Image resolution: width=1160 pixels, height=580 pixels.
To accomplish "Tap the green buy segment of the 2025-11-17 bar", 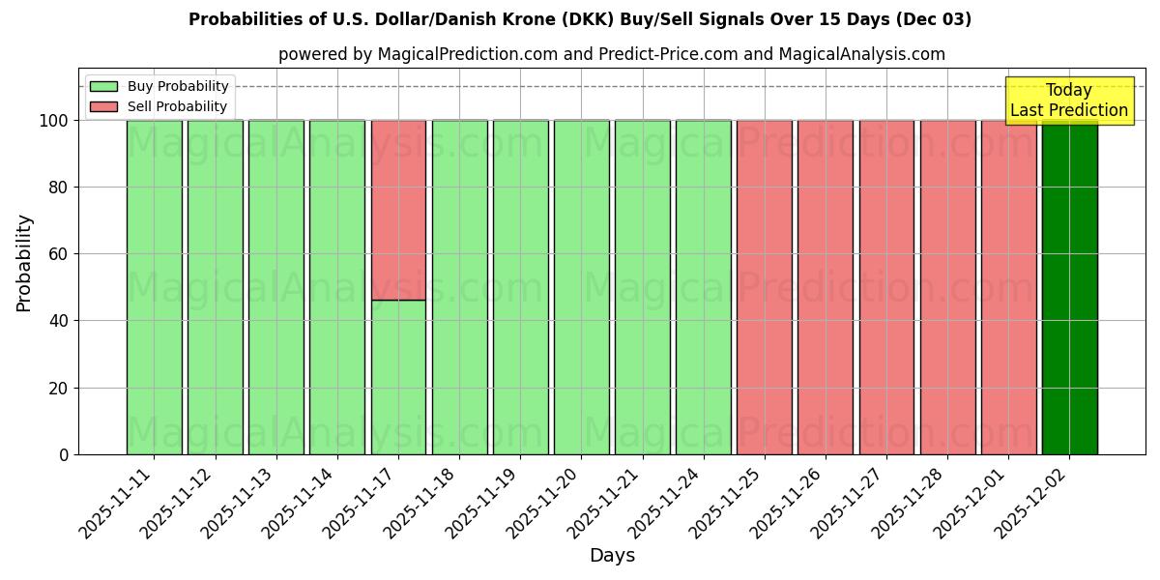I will click(398, 377).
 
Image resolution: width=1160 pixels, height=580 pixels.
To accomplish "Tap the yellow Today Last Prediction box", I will click(1068, 101).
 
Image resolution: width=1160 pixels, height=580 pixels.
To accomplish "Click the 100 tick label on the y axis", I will click(53, 121).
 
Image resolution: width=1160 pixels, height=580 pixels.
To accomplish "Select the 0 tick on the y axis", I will click(64, 454).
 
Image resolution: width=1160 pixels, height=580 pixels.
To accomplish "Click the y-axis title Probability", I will click(24, 262).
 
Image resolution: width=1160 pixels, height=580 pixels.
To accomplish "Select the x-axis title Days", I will click(612, 556).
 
